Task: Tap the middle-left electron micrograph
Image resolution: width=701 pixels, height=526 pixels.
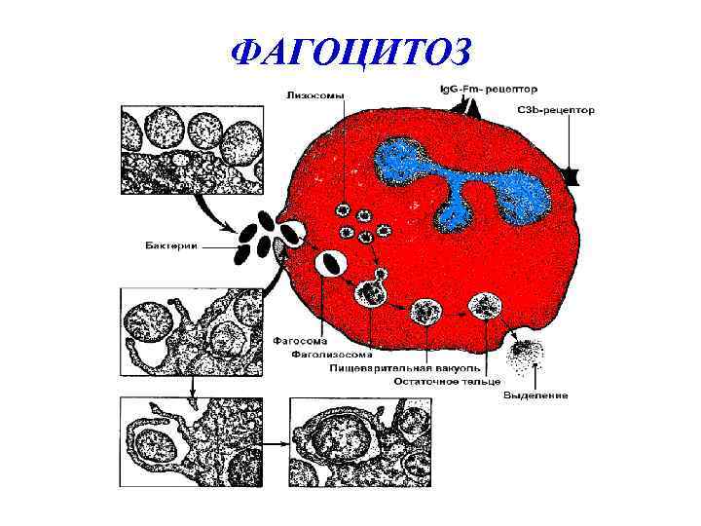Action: pyautogui.click(x=189, y=331)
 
